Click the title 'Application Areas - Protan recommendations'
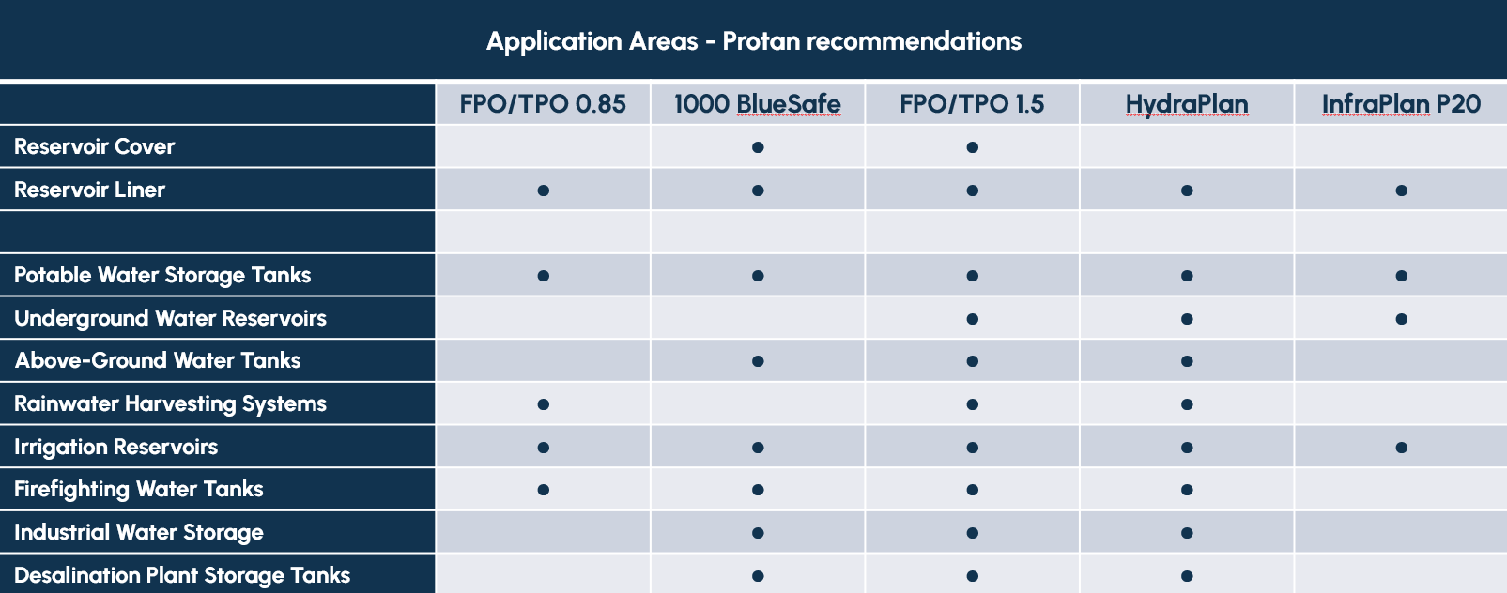tap(753, 41)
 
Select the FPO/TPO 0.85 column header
tap(543, 104)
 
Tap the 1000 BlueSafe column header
tap(758, 104)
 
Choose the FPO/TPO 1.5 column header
tap(972, 104)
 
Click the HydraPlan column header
tap(1187, 105)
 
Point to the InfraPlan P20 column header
tap(1402, 104)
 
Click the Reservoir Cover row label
tap(94, 146)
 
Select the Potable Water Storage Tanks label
tap(162, 275)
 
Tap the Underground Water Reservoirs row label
tap(170, 318)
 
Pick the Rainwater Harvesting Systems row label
tap(170, 403)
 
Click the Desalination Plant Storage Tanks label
tap(182, 575)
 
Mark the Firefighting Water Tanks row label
tap(139, 490)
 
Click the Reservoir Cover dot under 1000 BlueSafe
tap(758, 147)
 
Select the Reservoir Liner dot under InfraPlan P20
tap(1402, 190)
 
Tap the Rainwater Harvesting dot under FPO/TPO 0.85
tap(544, 404)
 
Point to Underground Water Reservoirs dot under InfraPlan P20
tap(1402, 319)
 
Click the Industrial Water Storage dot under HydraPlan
tap(1187, 533)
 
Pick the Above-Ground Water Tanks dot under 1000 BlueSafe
tap(758, 361)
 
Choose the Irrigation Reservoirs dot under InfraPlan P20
tap(1402, 448)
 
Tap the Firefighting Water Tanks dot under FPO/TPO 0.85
tap(544, 490)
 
